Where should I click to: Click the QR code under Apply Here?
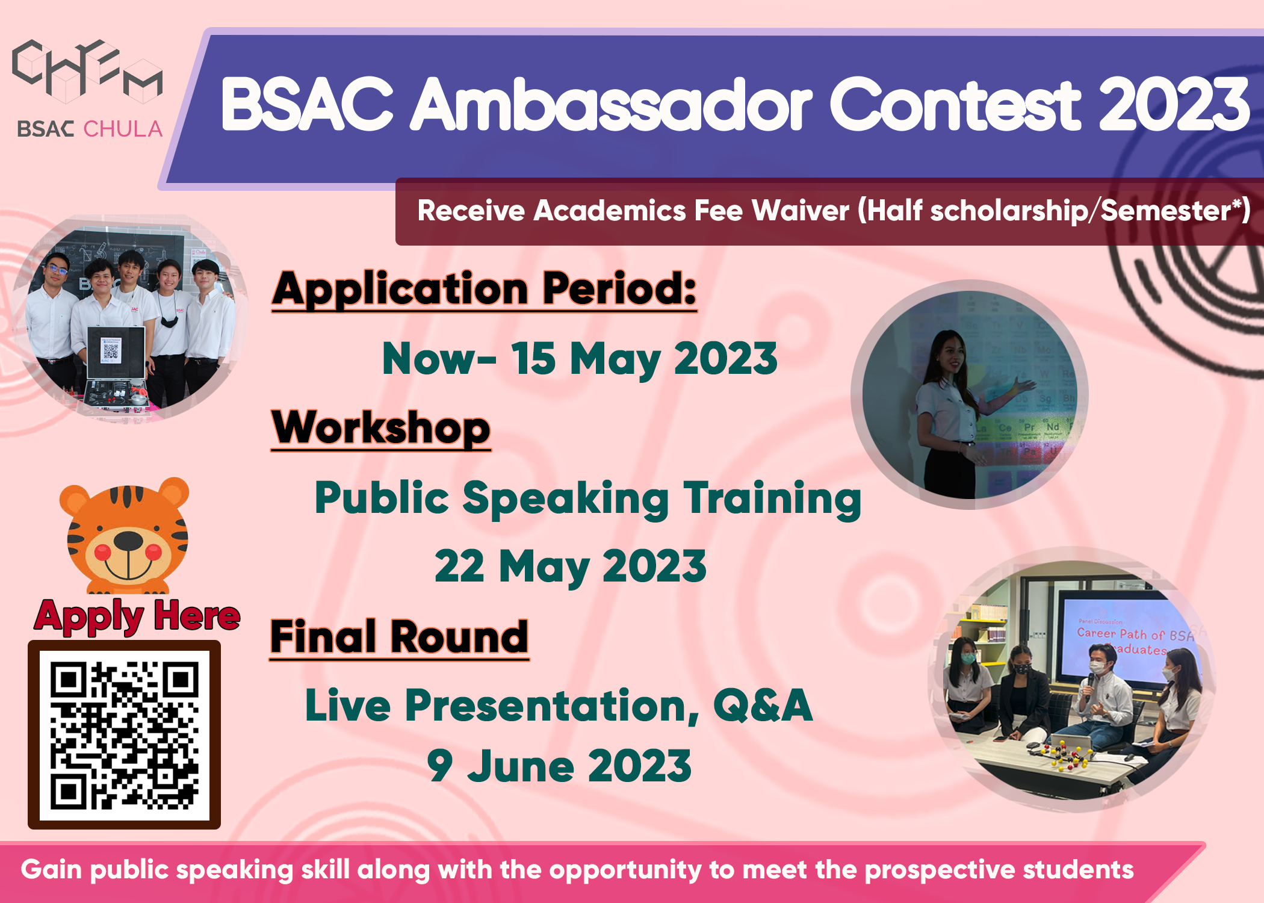click(125, 735)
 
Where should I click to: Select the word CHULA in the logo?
click(123, 129)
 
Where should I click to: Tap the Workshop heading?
click(381, 427)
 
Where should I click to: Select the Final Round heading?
click(399, 638)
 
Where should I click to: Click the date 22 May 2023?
click(570, 566)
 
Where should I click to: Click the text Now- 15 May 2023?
click(580, 359)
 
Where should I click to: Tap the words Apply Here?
click(137, 616)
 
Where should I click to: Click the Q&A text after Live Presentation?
click(763, 706)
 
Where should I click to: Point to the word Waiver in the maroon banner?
click(800, 211)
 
